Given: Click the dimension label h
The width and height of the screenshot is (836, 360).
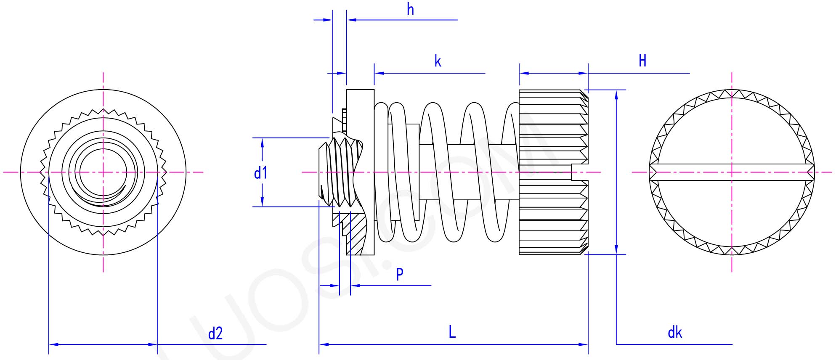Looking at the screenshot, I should (410, 9).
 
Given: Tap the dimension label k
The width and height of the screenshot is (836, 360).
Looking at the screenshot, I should (438, 61).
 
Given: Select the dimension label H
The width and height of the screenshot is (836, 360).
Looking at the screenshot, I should (642, 61).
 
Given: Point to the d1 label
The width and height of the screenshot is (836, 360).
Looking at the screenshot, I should (260, 173).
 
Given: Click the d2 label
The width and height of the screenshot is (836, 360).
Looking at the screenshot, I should (215, 334).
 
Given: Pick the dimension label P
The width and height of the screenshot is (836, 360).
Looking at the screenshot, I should (399, 274).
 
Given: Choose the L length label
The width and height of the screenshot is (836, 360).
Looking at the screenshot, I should (452, 332).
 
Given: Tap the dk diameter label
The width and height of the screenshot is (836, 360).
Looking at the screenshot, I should (674, 333).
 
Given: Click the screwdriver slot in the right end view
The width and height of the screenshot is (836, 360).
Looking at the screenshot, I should (732, 172).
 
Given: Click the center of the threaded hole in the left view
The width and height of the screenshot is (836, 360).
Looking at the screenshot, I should (103, 172).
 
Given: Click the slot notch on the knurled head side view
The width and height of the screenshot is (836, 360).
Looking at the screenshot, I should (580, 172).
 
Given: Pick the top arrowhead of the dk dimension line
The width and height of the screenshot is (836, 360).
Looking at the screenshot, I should (616, 94).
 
